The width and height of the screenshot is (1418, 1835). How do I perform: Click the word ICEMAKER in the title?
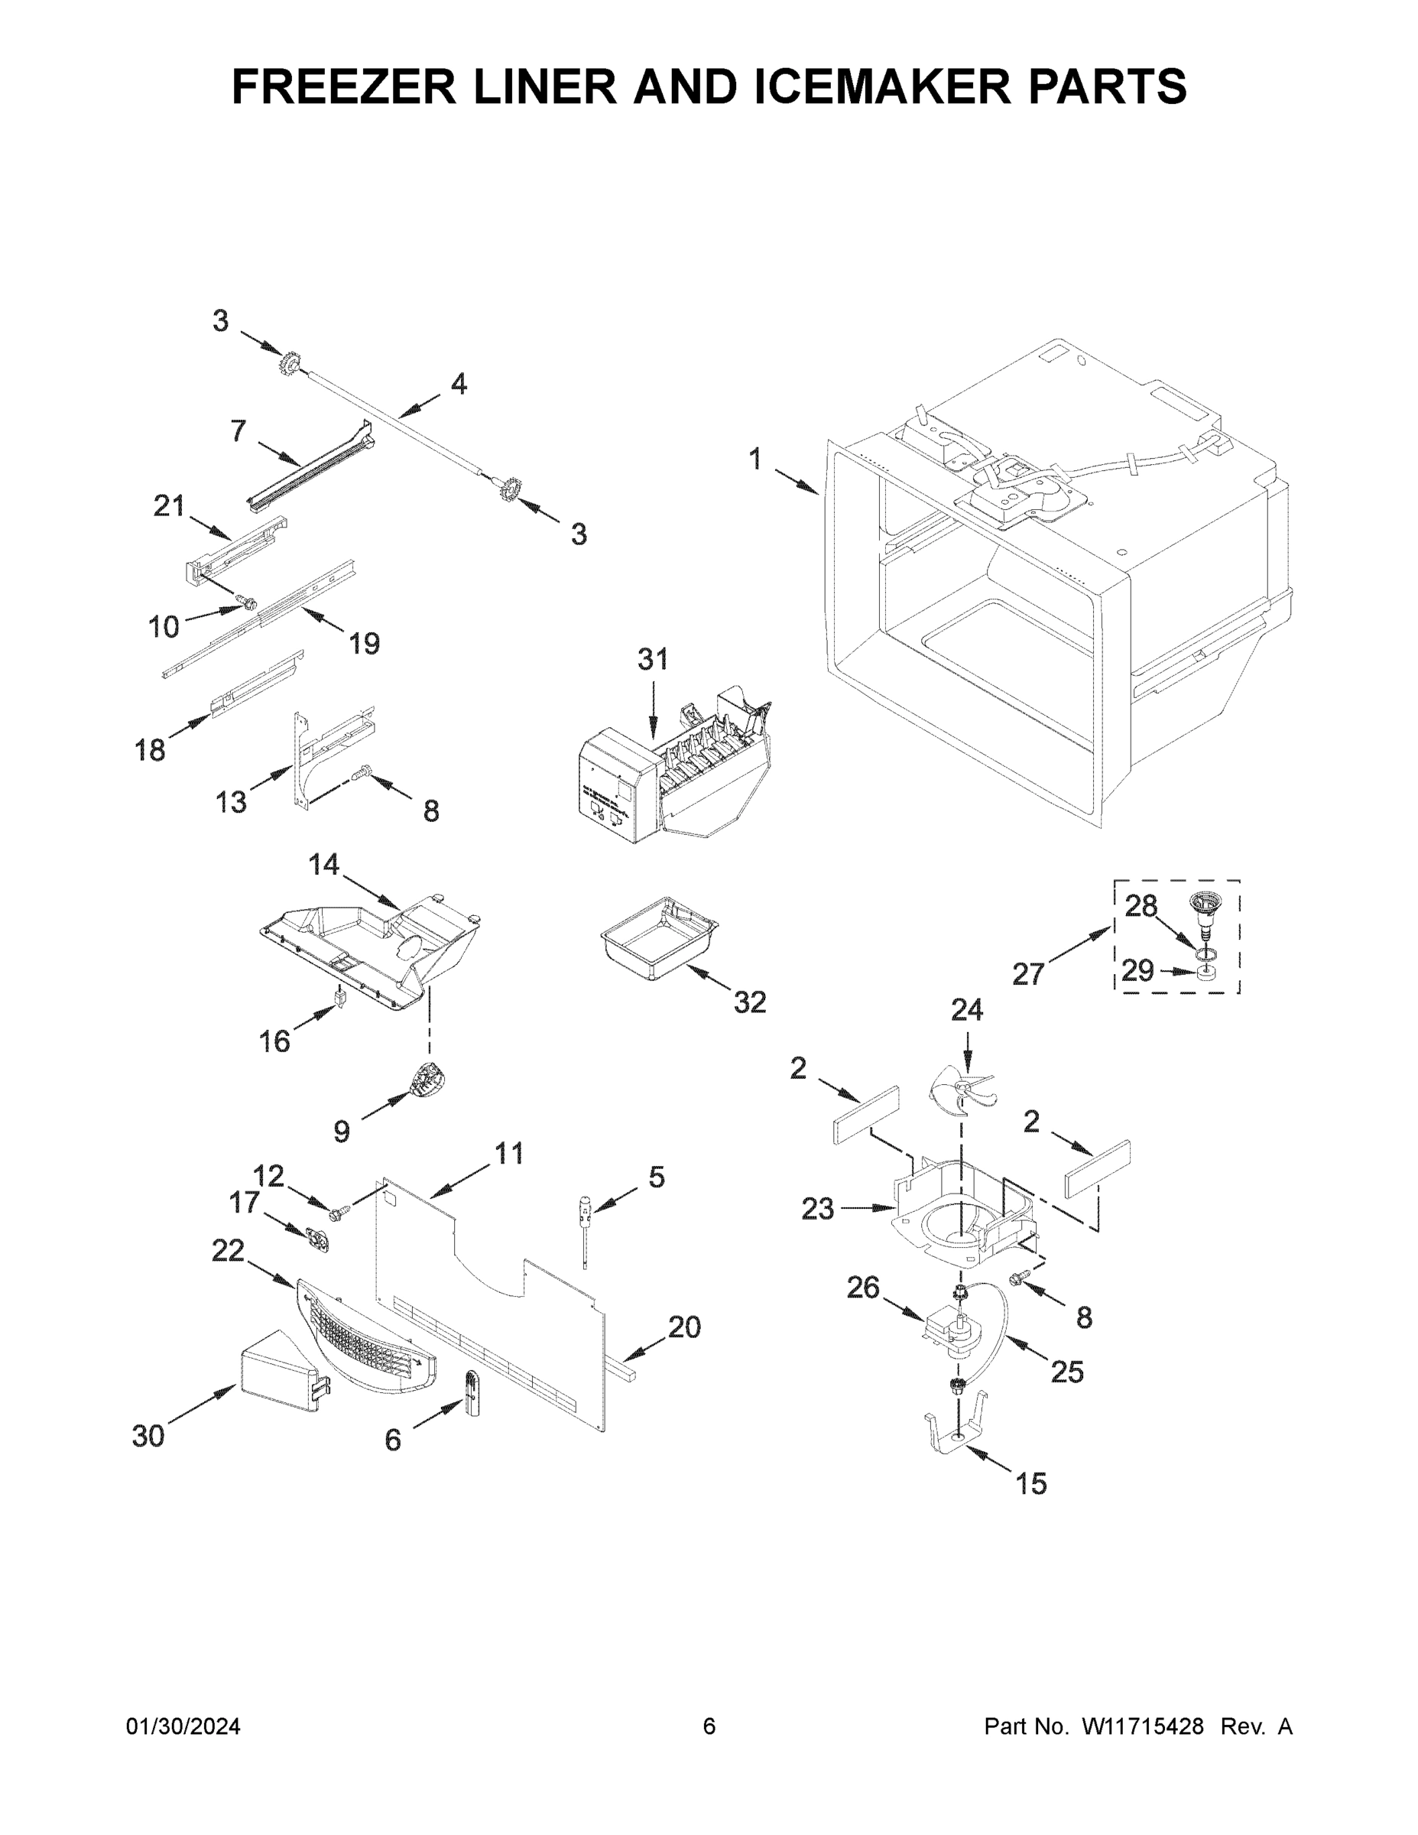(x=881, y=86)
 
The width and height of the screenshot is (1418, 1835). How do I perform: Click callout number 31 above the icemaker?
(x=653, y=659)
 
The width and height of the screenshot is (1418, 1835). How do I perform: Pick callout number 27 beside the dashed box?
(x=1027, y=975)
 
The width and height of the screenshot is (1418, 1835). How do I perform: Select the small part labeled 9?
(x=427, y=1080)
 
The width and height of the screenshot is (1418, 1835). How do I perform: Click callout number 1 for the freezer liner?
(x=754, y=460)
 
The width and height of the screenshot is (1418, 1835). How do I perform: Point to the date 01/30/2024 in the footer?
(x=183, y=1726)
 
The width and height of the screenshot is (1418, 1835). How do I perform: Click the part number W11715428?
(x=1143, y=1726)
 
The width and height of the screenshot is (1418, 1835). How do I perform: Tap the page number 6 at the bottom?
(x=709, y=1726)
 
